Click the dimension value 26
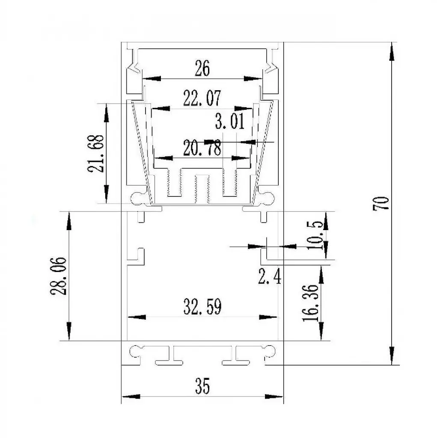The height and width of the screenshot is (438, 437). [202, 68]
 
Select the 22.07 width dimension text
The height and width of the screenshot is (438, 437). [202, 98]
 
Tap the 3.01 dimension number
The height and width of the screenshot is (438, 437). [230, 121]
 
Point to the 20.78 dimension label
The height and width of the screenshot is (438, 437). [202, 148]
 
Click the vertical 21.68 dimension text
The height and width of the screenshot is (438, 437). [95, 154]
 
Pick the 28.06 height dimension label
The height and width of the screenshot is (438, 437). [59, 276]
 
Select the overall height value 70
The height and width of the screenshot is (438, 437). [381, 203]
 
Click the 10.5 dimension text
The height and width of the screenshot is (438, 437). [315, 235]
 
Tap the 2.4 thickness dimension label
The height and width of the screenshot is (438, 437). [269, 277]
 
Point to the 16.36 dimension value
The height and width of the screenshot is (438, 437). [311, 303]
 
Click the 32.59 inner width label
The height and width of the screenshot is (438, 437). [202, 306]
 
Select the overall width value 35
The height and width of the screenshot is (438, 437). [202, 386]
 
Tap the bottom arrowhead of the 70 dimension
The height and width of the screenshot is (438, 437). [392, 356]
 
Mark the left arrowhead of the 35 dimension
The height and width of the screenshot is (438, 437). [131, 397]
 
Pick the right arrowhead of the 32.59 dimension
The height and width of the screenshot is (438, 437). [268, 317]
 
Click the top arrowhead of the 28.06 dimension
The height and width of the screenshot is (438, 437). [69, 221]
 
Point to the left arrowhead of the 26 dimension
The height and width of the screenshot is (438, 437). [152, 79]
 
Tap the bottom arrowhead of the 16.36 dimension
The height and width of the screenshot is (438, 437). [321, 331]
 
